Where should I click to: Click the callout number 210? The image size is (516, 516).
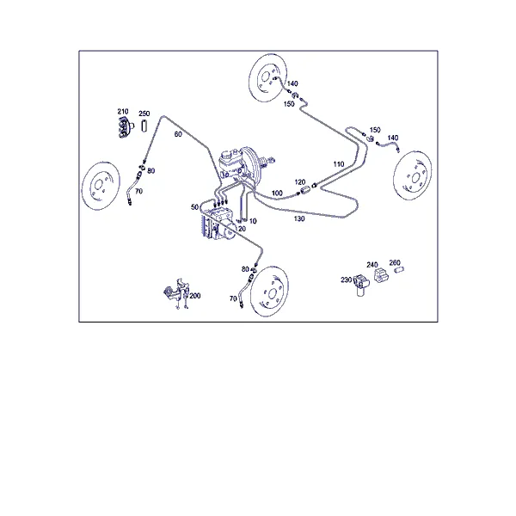[123, 112]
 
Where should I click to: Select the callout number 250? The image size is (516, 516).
[144, 114]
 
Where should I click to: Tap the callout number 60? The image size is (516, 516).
[178, 134]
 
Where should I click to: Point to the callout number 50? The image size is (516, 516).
[195, 207]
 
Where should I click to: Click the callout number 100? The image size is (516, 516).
[277, 193]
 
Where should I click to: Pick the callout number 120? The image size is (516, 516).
[300, 182]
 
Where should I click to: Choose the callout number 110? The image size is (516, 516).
[339, 164]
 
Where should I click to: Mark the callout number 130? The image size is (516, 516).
[299, 218]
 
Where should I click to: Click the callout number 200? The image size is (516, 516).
[195, 296]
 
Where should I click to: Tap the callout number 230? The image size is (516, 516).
[347, 279]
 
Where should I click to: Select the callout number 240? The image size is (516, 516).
[372, 265]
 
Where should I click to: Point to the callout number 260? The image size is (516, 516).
[395, 262]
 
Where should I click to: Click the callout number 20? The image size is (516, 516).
[242, 229]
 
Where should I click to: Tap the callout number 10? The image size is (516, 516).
[253, 221]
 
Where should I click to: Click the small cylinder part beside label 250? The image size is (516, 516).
[144, 126]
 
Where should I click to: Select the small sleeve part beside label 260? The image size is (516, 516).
[399, 270]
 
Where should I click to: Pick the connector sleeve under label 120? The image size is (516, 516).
[305, 190]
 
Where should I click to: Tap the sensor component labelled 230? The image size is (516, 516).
[360, 285]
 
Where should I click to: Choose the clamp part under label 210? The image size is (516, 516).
[126, 127]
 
